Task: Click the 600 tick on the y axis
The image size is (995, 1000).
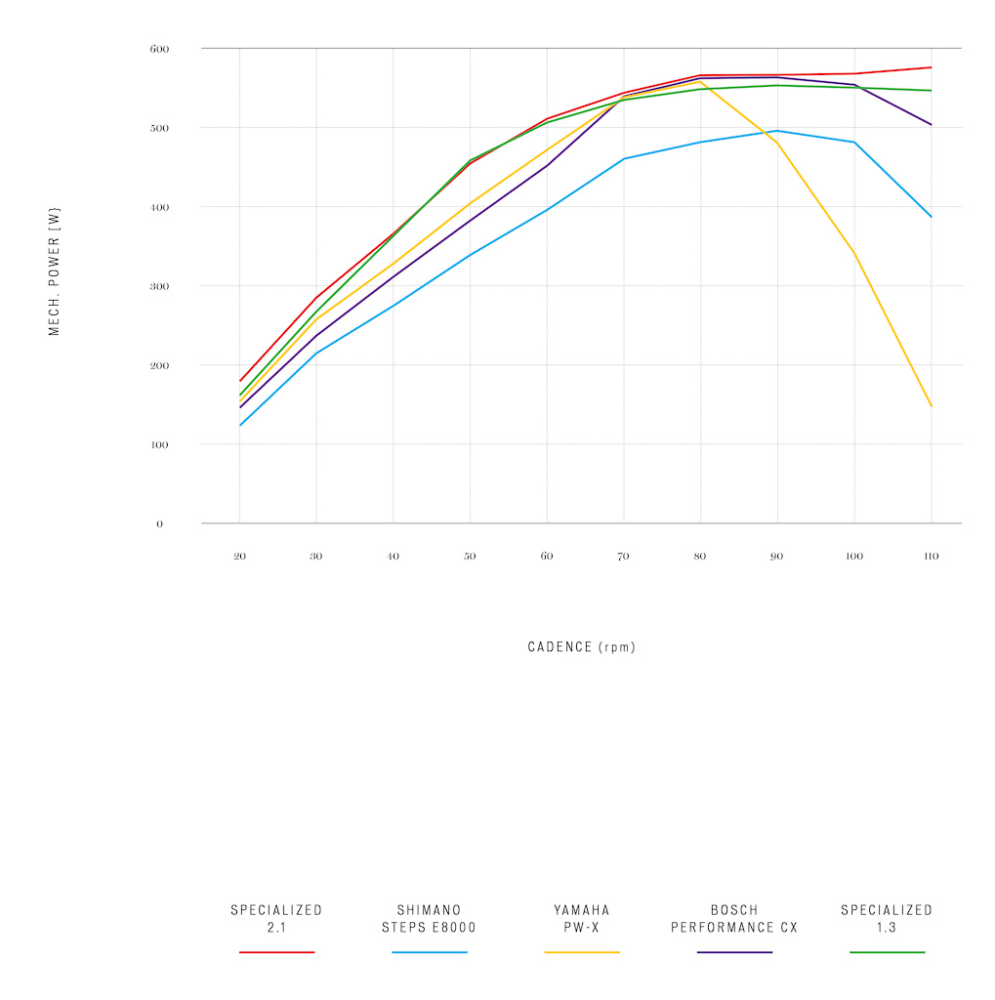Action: [x=159, y=49]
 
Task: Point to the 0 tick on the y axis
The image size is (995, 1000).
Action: [x=159, y=524]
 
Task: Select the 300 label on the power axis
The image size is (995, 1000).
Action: [x=159, y=286]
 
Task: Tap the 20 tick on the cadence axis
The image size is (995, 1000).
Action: [x=239, y=557]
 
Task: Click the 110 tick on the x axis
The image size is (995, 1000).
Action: [x=931, y=557]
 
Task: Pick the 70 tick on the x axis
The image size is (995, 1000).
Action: [x=623, y=557]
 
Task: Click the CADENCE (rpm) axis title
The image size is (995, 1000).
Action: [x=581, y=647]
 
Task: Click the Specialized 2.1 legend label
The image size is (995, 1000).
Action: [x=276, y=919]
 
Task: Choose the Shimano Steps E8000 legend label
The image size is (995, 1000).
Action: [x=429, y=919]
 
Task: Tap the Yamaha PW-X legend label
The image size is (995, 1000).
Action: [x=582, y=919]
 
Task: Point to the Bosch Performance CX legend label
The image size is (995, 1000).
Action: [x=734, y=919]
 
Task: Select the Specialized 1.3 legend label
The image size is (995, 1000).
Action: [x=887, y=919]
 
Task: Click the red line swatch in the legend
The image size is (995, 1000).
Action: [x=276, y=952]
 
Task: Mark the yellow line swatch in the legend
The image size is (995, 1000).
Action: [x=582, y=952]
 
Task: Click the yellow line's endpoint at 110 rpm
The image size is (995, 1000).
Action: [x=932, y=406]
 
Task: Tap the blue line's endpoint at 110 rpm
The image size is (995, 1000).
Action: [x=932, y=217]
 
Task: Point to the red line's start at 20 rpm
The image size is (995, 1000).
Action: [x=239, y=381]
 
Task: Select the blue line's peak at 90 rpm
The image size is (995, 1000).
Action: [x=777, y=131]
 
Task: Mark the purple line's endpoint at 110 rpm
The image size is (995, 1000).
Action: [x=932, y=125]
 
